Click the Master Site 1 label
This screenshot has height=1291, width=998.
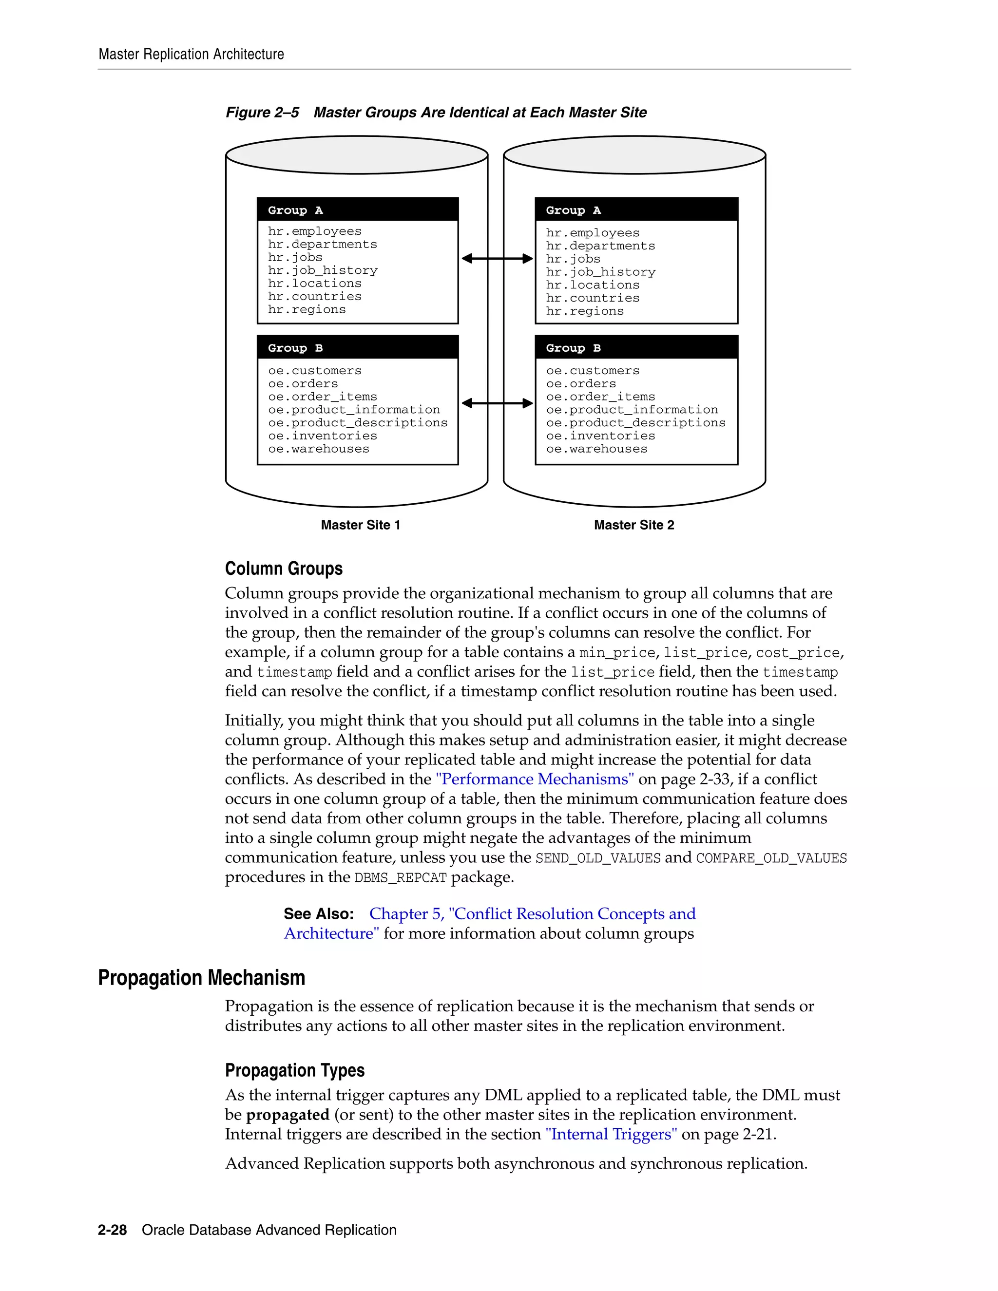coord(360,525)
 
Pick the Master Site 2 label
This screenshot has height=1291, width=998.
coord(634,525)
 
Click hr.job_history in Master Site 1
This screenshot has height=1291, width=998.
coord(322,271)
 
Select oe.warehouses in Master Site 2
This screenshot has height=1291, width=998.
coord(596,449)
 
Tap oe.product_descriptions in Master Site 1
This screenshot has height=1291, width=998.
coord(358,423)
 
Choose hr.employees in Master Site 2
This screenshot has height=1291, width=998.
coord(593,233)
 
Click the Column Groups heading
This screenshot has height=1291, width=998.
coord(284,569)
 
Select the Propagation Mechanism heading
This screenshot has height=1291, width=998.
coord(202,978)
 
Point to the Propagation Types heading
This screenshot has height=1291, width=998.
coord(294,1070)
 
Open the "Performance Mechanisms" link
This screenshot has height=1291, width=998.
coord(535,779)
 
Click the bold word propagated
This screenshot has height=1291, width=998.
coord(288,1115)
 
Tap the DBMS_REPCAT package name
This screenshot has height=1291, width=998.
coord(400,878)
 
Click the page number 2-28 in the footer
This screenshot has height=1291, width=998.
coord(113,1230)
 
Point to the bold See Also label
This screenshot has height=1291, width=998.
coord(319,914)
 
